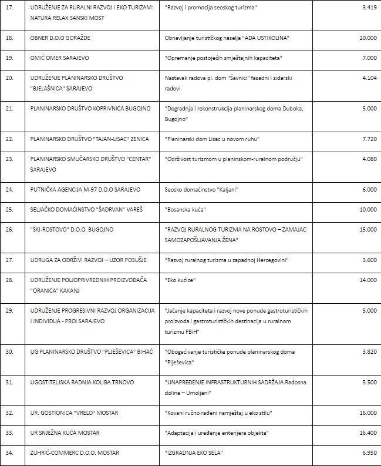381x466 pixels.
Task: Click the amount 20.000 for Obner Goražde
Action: tap(367, 38)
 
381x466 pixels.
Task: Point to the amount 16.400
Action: tap(367, 433)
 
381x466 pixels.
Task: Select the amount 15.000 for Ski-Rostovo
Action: tap(367, 229)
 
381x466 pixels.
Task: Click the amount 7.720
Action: tap(369, 139)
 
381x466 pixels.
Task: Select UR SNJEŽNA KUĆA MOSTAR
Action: tap(65, 433)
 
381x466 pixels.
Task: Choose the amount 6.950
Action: tap(369, 452)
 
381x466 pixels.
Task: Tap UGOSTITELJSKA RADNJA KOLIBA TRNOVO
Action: tap(82, 382)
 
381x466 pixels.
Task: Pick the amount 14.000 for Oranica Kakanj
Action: tap(367, 280)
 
